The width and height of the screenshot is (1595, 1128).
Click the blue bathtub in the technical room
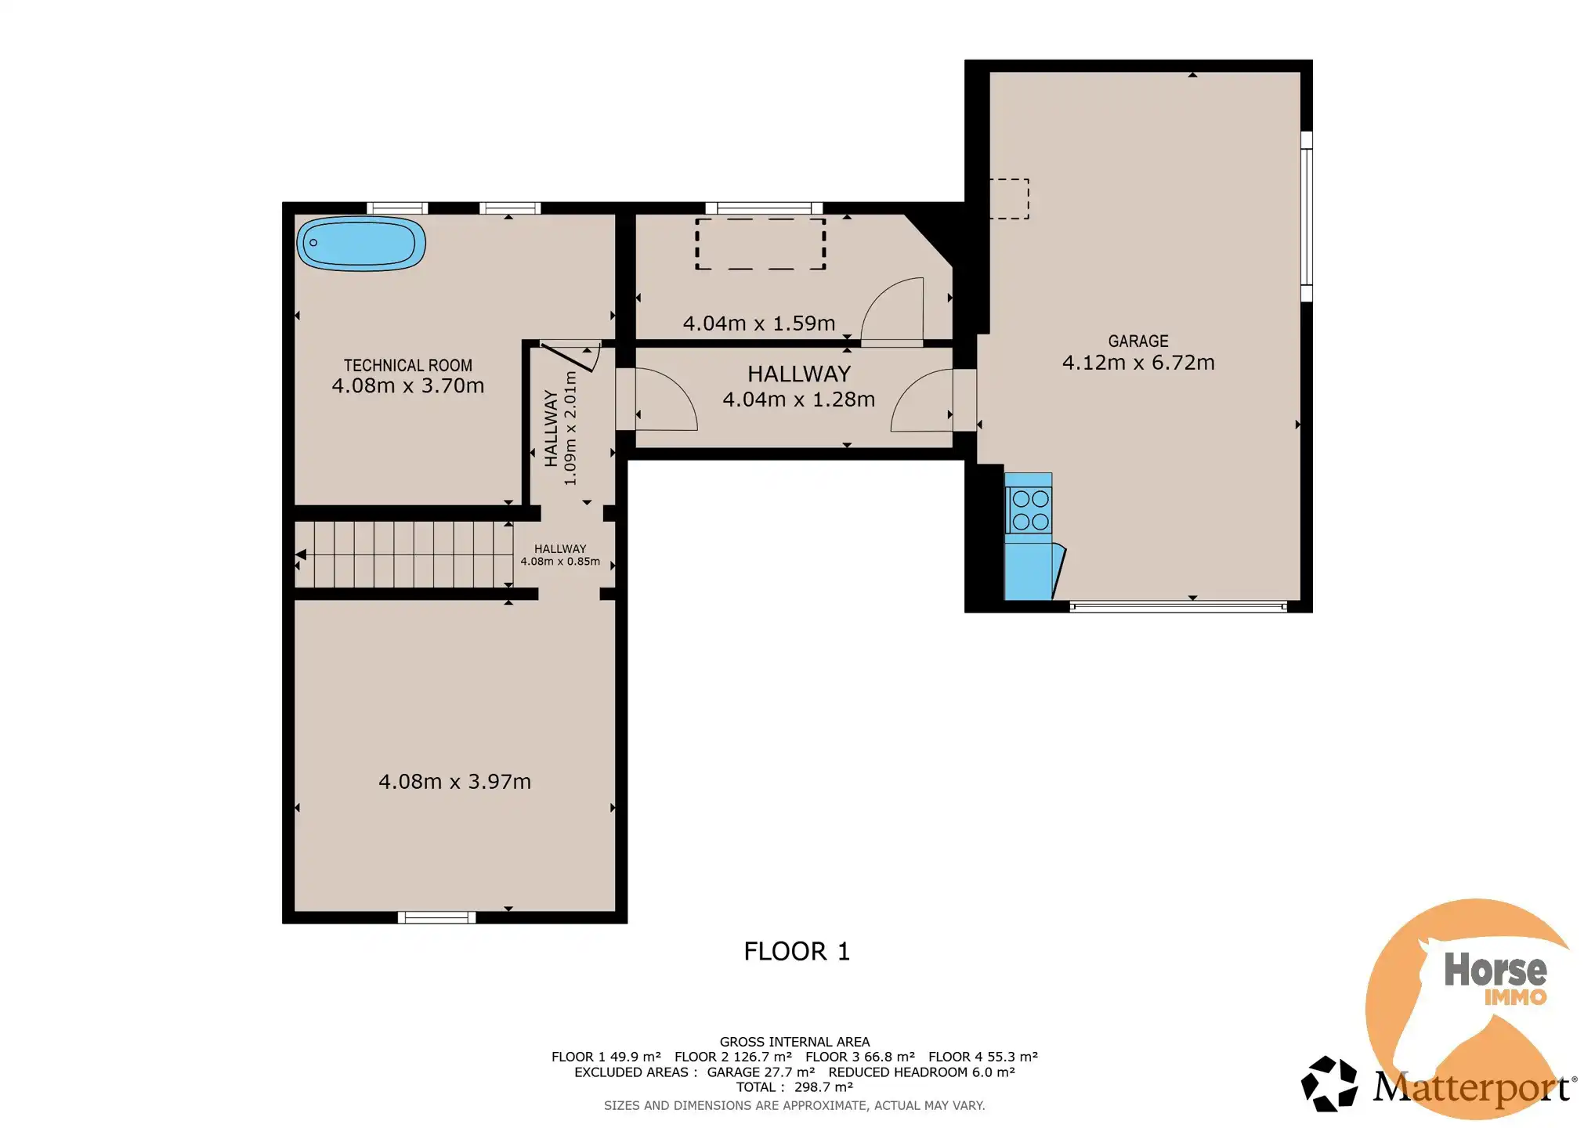(361, 244)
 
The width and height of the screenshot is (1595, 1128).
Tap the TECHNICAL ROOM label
(407, 365)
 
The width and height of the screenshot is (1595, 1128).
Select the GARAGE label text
(1137, 341)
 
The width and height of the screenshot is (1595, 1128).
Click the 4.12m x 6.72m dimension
(1137, 363)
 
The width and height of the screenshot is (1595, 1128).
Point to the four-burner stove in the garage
(1029, 510)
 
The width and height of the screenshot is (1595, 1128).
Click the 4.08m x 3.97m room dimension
(454, 782)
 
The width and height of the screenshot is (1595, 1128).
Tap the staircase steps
(403, 555)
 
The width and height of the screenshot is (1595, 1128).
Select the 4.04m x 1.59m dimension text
(758, 324)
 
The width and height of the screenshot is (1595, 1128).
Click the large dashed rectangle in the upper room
(760, 244)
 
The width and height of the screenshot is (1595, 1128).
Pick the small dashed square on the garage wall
(1010, 198)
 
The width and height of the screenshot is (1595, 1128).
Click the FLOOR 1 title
(796, 951)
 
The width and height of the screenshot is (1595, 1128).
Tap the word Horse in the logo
(1495, 970)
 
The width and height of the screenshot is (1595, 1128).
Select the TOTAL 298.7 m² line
(794, 1087)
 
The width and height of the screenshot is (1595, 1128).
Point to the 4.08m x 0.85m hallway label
(560, 561)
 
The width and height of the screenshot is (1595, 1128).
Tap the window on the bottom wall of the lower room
(436, 917)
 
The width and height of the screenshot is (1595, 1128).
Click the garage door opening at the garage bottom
(1177, 606)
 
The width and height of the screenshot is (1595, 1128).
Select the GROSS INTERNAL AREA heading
(794, 1042)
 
